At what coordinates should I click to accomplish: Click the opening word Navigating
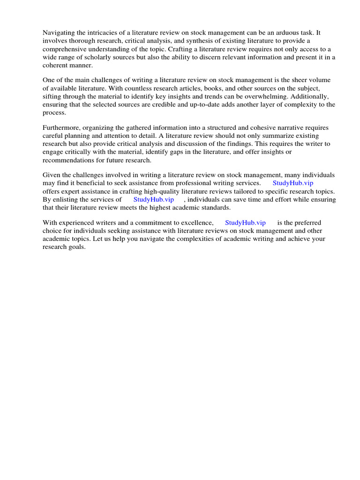[59, 32]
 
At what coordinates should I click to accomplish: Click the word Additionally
[309, 97]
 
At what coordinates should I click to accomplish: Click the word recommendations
[73, 160]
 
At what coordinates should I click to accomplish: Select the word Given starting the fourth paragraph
[52, 175]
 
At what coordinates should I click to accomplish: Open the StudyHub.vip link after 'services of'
[154, 199]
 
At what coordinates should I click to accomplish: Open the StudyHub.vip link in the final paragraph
[245, 223]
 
